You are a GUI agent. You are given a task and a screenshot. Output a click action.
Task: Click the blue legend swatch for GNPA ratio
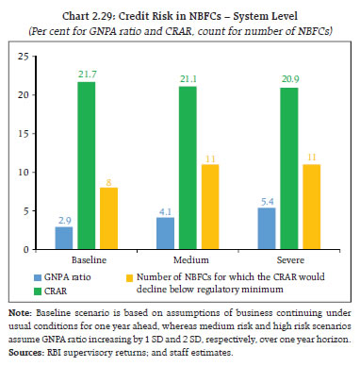tap(59, 279)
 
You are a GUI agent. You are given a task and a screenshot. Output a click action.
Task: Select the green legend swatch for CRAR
tap(59, 292)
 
